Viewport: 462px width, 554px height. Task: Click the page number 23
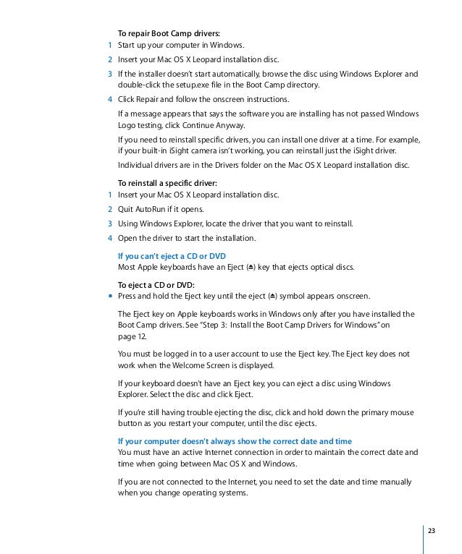432,532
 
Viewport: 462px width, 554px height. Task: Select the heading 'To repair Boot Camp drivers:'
169,33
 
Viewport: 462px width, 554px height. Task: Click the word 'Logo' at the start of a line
127,124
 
